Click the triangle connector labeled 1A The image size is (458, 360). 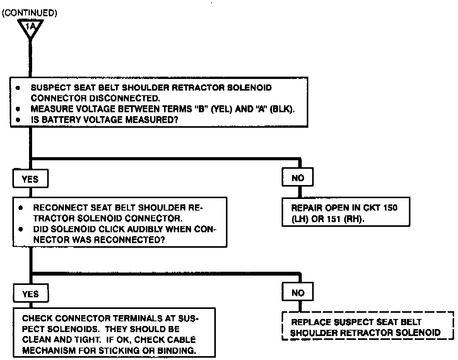click(x=30, y=28)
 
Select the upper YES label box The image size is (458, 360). click(x=31, y=179)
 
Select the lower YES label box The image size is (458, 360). click(x=31, y=294)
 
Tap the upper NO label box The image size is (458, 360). click(x=298, y=178)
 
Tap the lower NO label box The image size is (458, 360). click(x=298, y=293)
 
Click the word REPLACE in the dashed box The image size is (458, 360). click(x=311, y=322)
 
